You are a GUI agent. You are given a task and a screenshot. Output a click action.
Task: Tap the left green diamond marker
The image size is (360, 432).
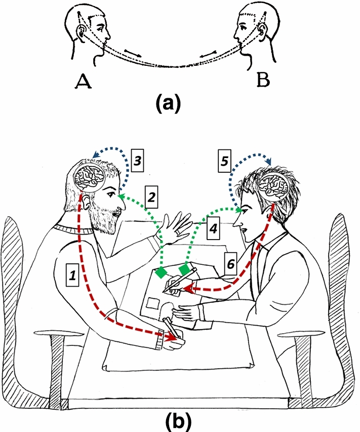tap(162, 273)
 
